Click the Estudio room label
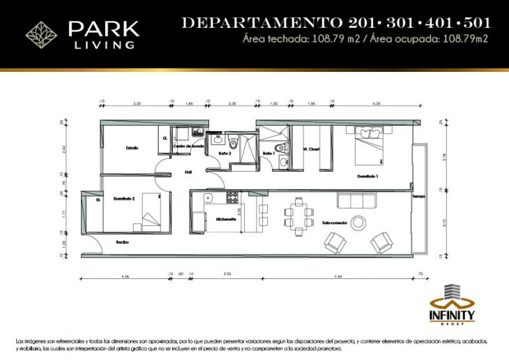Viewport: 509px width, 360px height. [132, 147]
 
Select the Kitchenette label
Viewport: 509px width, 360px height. [226, 218]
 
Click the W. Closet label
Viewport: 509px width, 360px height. [310, 149]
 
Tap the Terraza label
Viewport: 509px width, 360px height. [418, 196]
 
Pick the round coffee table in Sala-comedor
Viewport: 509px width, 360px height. [358, 223]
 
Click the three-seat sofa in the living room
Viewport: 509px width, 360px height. [358, 202]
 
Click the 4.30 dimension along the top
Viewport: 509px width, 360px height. [377, 103]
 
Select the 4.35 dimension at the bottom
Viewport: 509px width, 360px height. [126, 277]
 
